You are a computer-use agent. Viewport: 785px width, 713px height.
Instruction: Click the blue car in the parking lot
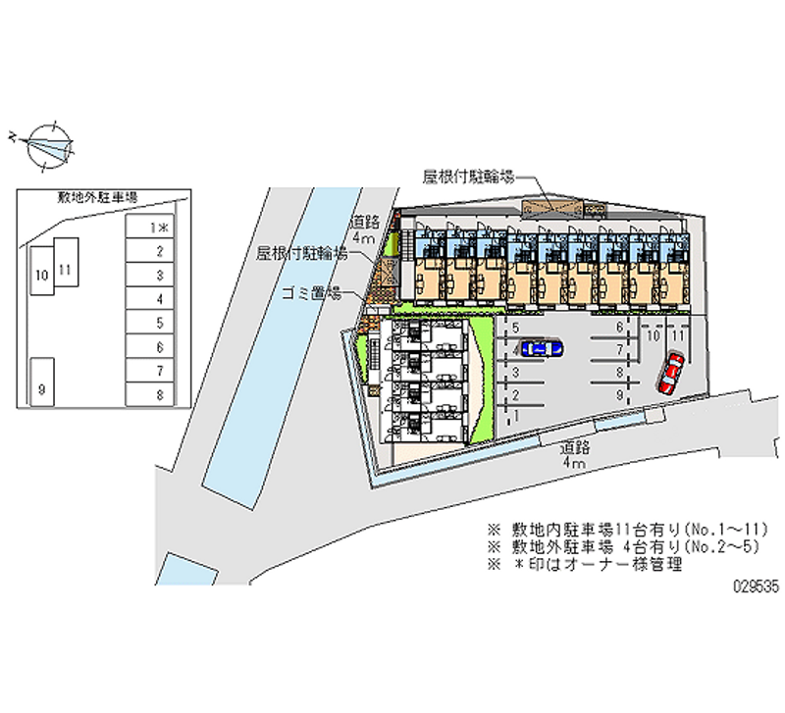[541, 346]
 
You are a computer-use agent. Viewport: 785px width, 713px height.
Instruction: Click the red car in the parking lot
[671, 372]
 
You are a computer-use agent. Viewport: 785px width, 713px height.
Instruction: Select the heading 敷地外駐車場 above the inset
[97, 197]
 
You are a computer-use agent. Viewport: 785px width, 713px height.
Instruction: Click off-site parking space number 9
[42, 382]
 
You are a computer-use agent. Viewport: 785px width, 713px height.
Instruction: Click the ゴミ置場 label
[310, 292]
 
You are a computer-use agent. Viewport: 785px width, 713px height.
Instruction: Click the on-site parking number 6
[619, 327]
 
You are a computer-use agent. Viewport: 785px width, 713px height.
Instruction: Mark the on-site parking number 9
[619, 394]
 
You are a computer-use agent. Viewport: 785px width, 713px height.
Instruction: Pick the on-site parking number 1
[516, 415]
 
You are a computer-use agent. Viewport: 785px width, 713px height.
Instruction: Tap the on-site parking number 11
[676, 335]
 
